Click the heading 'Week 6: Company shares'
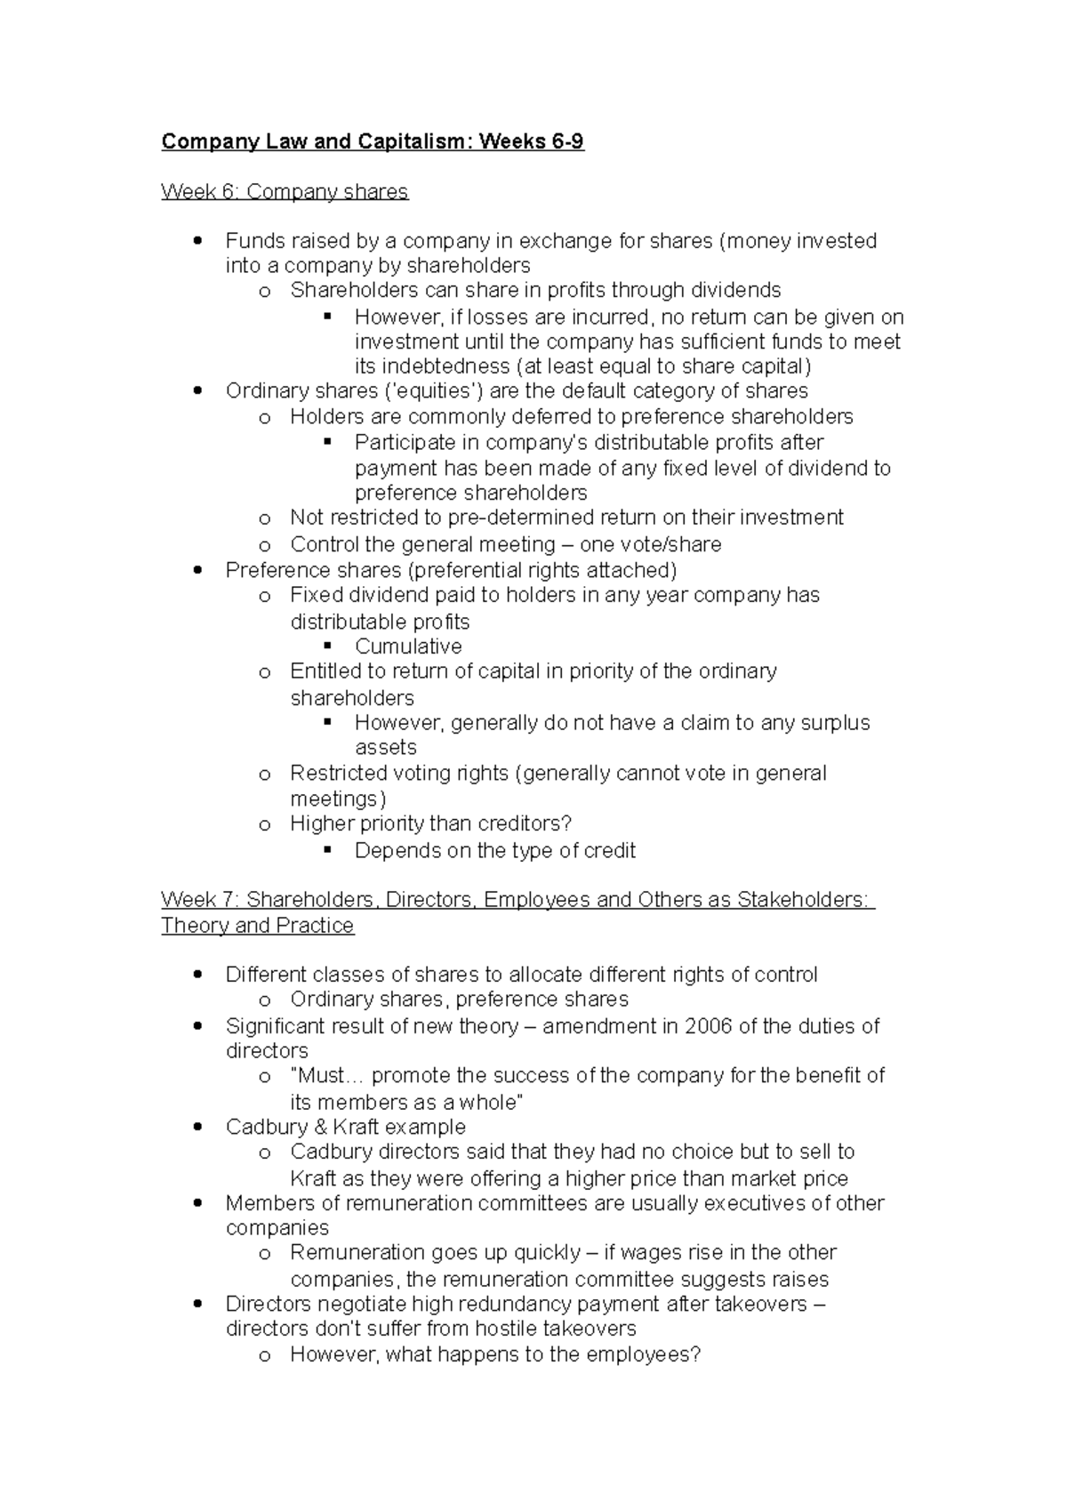[x=285, y=191]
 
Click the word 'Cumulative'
[x=408, y=647]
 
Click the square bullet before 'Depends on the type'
[x=327, y=850]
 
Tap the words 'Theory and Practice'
[x=257, y=926]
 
